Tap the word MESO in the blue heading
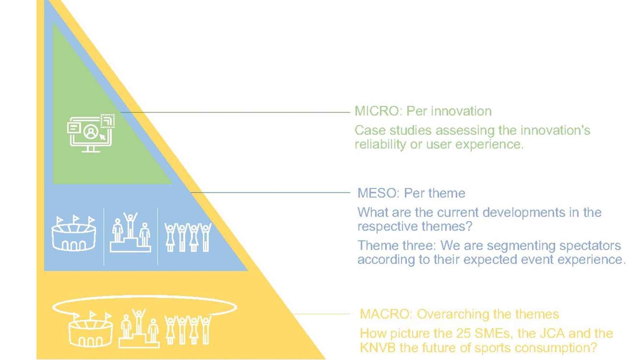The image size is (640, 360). tap(378, 193)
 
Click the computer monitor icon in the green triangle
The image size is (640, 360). tap(91, 133)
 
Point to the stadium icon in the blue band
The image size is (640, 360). tap(74, 233)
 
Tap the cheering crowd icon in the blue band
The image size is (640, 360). tap(188, 237)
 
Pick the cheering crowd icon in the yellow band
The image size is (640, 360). tap(188, 330)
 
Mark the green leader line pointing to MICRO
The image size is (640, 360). tap(235, 112)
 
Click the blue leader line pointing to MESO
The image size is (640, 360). tap(270, 192)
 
